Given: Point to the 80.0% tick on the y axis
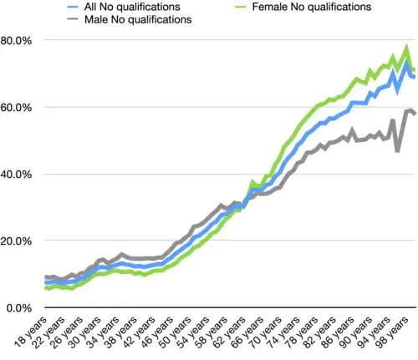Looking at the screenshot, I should click(x=17, y=41).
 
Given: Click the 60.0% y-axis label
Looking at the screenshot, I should click(x=17, y=108).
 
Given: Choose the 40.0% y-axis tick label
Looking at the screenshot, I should click(x=17, y=175).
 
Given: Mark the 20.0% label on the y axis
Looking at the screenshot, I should click(x=17, y=241).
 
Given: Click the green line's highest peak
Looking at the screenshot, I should click(x=406, y=48).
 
